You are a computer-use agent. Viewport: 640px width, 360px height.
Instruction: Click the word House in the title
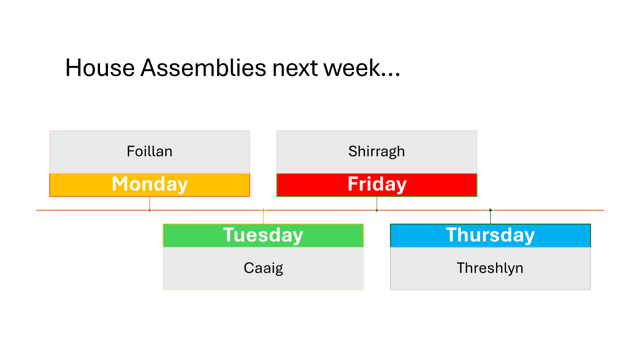click(100, 68)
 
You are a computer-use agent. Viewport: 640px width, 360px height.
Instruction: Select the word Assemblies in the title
click(203, 68)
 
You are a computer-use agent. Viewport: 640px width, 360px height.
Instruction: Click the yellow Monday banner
click(150, 185)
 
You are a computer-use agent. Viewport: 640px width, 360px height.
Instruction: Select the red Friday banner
click(377, 185)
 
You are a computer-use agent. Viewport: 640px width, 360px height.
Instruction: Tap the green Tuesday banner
click(263, 236)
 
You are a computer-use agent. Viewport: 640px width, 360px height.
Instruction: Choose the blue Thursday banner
click(490, 236)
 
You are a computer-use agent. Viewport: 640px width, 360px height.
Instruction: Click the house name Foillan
click(150, 151)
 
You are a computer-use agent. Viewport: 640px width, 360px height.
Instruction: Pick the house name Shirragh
click(376, 152)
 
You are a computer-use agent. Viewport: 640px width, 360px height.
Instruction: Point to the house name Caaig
click(263, 268)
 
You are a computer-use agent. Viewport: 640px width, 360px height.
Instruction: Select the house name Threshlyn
click(490, 268)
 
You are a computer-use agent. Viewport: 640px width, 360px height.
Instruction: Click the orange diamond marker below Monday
click(150, 210)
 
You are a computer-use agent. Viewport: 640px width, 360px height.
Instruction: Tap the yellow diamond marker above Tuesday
click(263, 210)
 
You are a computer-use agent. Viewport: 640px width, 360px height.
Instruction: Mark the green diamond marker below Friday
click(377, 210)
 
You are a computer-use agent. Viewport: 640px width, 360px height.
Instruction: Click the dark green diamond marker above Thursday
click(490, 210)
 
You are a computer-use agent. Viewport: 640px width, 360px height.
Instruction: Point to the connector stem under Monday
click(150, 202)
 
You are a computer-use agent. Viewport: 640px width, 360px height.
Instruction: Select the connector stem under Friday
click(377, 202)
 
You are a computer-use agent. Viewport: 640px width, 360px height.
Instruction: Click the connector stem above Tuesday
click(263, 218)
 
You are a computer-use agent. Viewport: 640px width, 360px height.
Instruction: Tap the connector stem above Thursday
click(490, 218)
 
